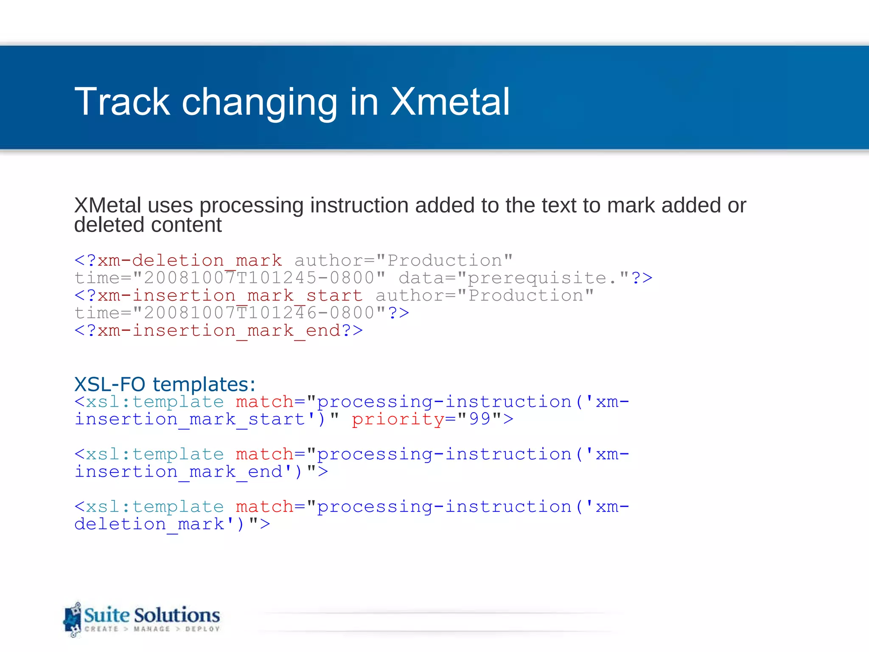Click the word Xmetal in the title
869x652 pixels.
[x=450, y=102]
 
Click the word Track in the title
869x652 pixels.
[x=122, y=102]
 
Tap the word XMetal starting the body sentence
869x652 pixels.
[x=107, y=205]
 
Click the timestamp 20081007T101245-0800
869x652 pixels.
[x=259, y=278]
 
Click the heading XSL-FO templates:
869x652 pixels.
[x=165, y=384]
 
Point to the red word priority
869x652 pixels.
[x=398, y=419]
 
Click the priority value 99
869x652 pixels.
[x=479, y=419]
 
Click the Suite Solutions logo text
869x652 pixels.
[x=151, y=615]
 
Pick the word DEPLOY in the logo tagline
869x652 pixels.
[x=202, y=629]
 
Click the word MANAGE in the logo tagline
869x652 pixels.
[x=151, y=629]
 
